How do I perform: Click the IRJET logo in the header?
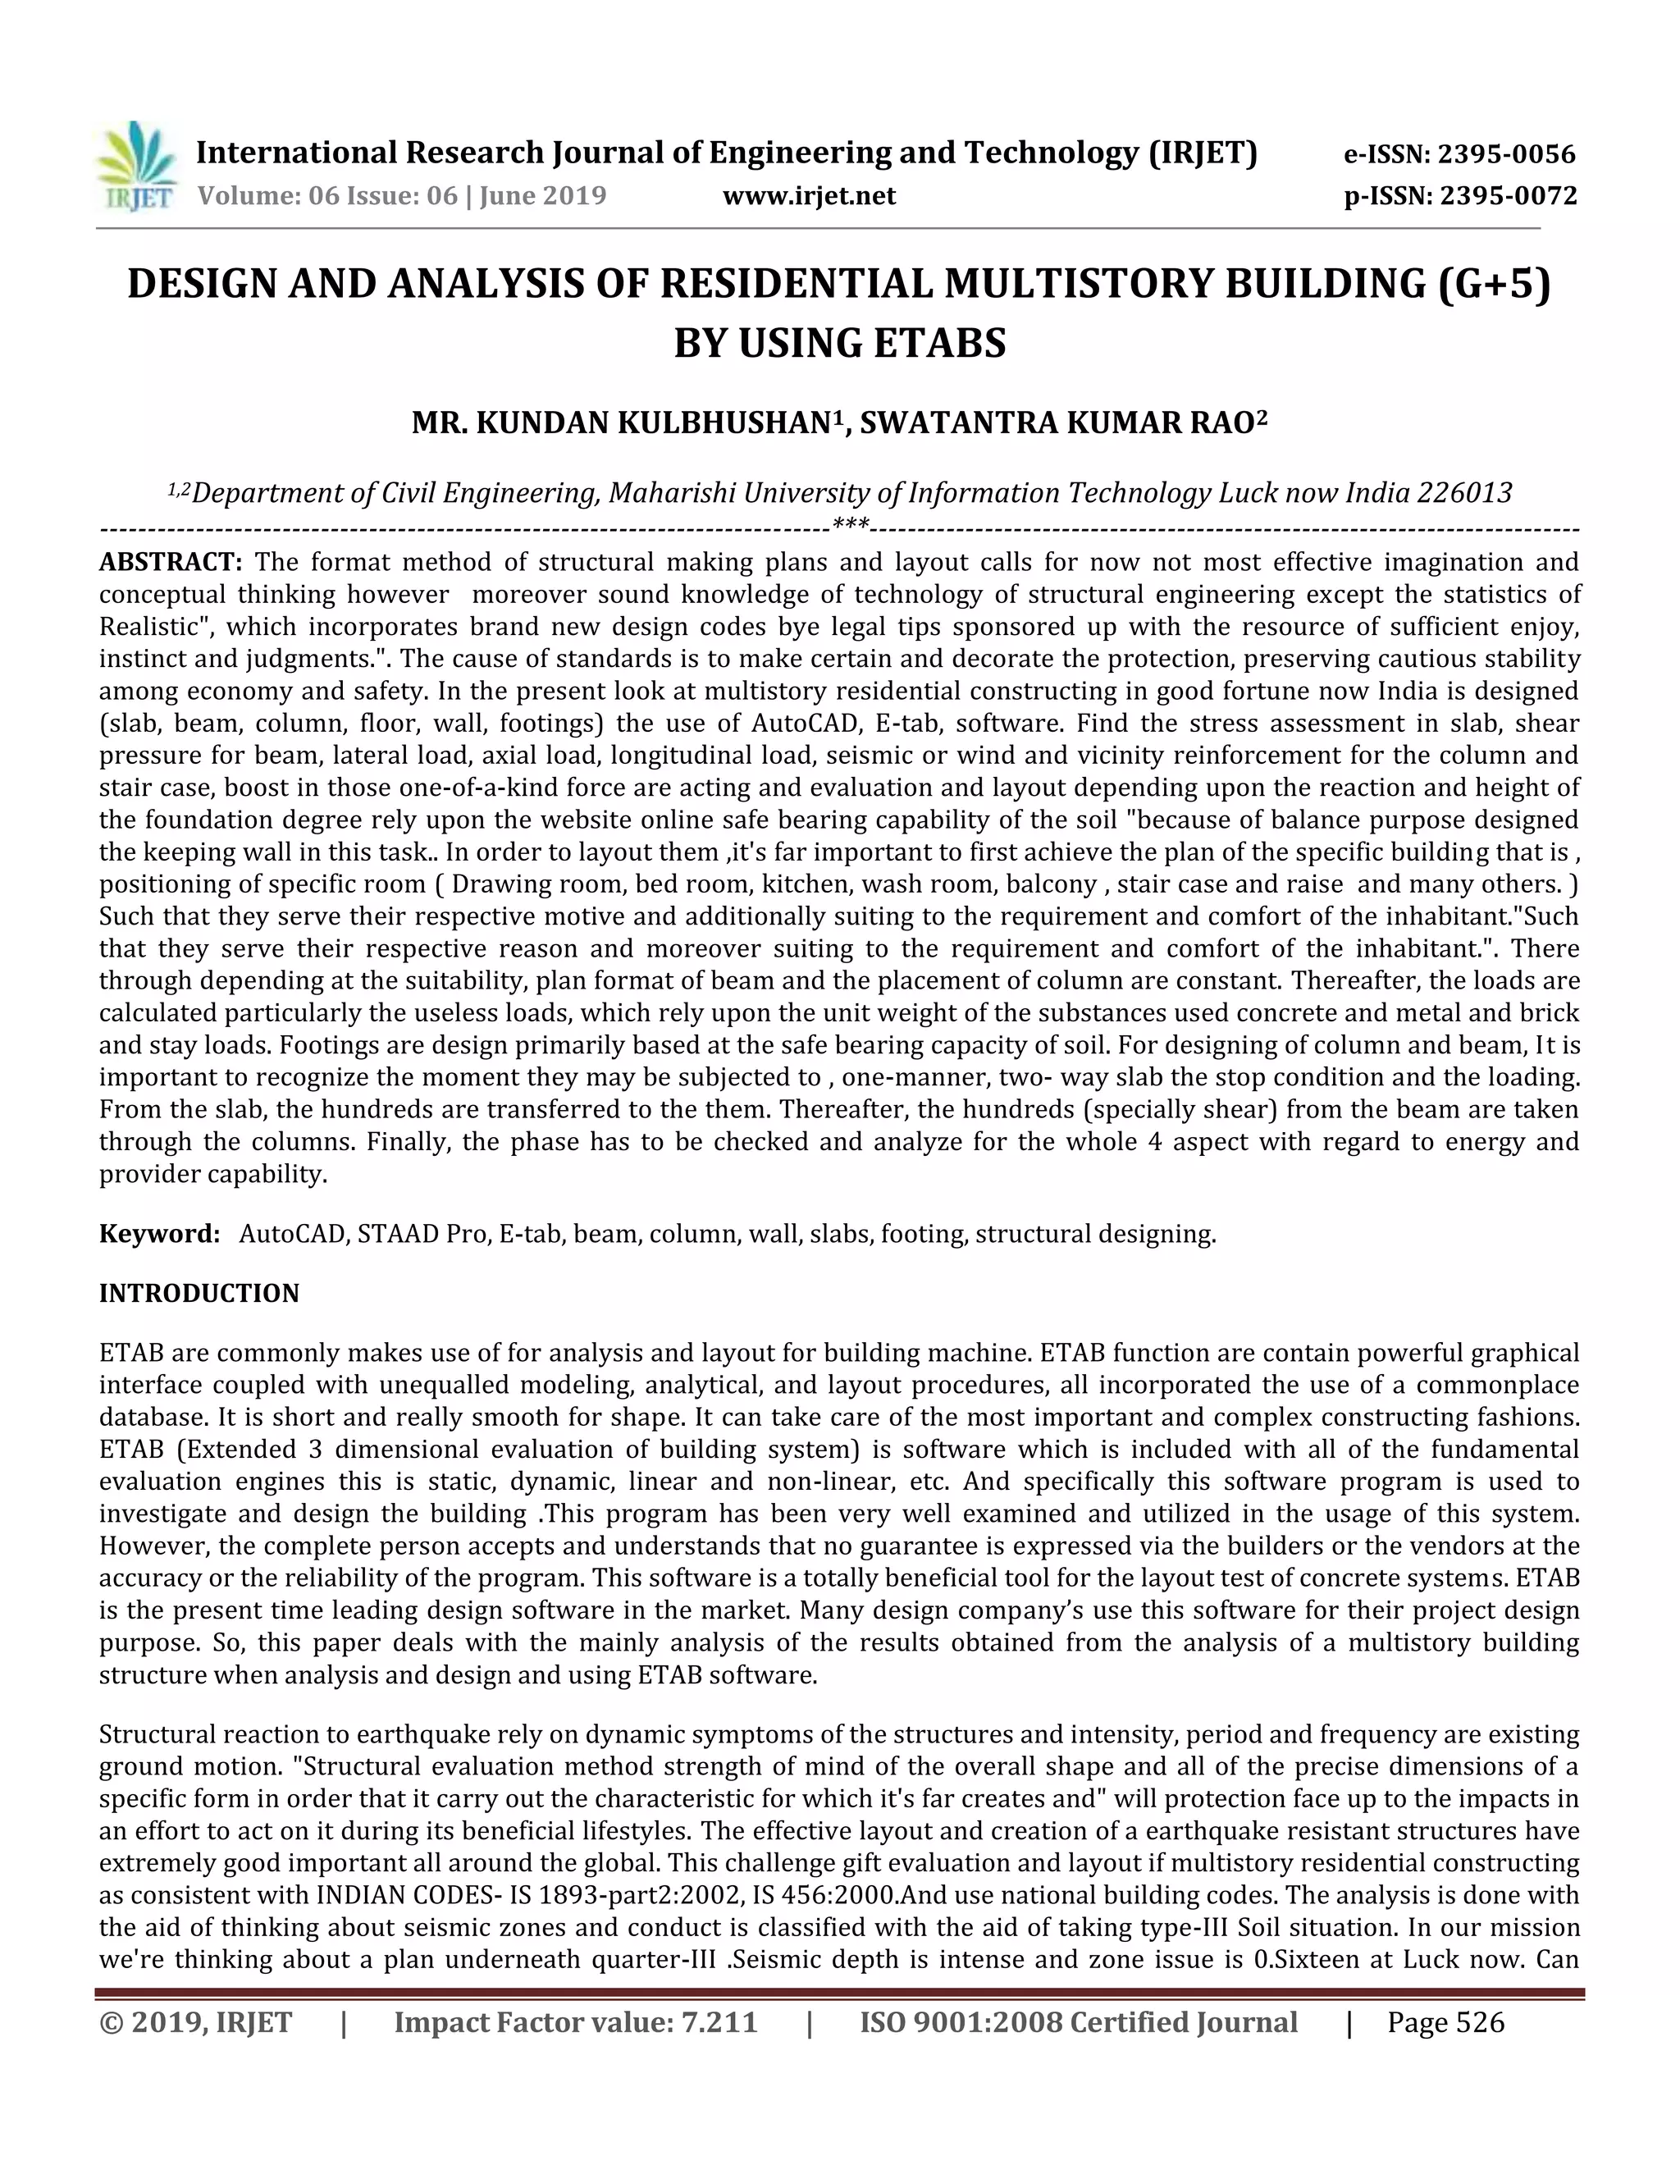coord(137,167)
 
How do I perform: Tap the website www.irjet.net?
coord(808,196)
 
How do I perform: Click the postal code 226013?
coord(1464,493)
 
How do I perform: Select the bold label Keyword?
coord(159,1235)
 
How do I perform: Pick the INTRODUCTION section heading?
coord(199,1293)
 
